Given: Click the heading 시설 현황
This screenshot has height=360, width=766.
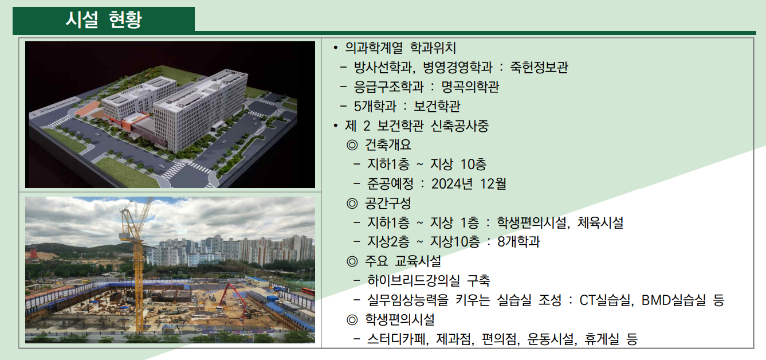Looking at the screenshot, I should coord(104,19).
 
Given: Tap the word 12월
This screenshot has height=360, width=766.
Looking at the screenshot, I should coord(494,184).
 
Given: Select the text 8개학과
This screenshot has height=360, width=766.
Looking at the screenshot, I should coord(518,242).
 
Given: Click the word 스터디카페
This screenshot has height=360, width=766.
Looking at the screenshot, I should coord(398,339).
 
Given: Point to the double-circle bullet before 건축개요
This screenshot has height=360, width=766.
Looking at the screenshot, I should coord(352,145).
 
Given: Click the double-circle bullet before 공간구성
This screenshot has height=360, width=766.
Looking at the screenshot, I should coord(352,203).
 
